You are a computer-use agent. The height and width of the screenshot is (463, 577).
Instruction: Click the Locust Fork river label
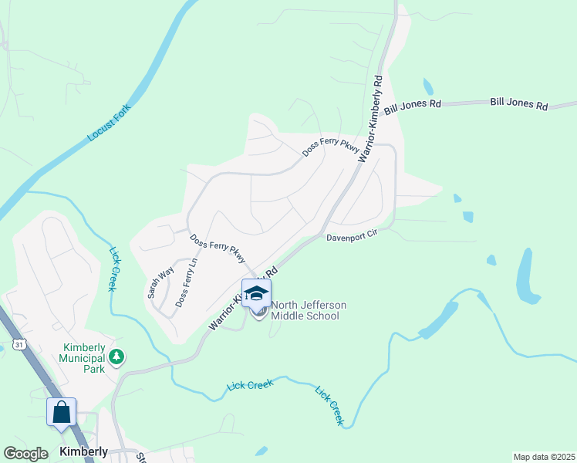tap(109, 122)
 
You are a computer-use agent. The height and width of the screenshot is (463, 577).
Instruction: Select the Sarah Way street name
tap(160, 282)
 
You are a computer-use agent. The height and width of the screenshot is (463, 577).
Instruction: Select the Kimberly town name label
tap(83, 451)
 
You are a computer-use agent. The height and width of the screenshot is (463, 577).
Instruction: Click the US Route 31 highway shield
tap(17, 343)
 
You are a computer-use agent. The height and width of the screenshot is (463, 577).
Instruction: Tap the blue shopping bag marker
tap(62, 412)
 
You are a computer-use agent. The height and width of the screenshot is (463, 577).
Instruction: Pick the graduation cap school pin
tap(257, 293)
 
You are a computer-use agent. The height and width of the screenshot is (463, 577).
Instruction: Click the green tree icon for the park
tap(116, 357)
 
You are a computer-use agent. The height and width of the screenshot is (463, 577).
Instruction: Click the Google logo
tap(26, 453)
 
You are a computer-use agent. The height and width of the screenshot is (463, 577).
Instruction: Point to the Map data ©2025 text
tap(544, 457)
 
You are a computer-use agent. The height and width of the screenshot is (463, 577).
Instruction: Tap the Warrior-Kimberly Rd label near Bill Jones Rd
tap(369, 117)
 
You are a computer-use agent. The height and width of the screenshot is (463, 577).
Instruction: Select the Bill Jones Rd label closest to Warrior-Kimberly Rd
tap(413, 106)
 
